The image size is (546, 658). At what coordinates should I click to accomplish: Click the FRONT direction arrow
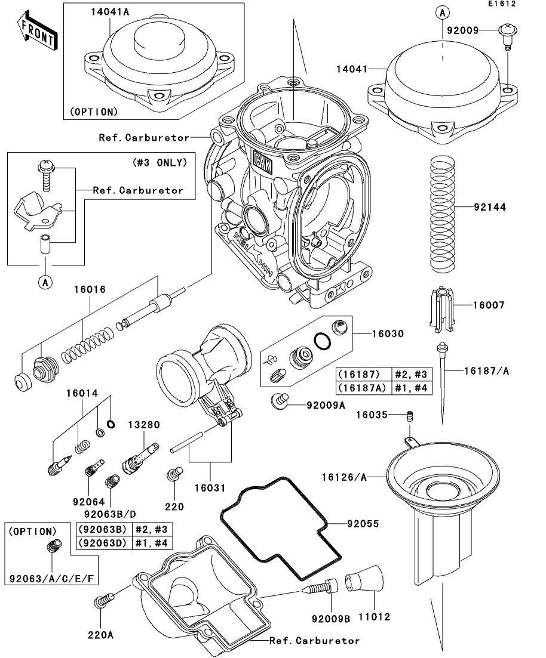point(38,32)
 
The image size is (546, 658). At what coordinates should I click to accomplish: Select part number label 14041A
point(110,12)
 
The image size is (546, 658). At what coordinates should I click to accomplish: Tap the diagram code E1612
point(501,4)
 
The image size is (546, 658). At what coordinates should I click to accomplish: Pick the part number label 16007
point(489,305)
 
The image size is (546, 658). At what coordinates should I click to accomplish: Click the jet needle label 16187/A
point(486,371)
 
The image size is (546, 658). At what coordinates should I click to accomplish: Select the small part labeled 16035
point(410,415)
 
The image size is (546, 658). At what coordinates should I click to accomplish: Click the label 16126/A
point(344,477)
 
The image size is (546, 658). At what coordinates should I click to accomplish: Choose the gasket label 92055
point(363,524)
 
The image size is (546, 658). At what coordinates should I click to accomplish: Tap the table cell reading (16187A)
point(363,388)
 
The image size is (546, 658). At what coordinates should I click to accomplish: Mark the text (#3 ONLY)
point(159,162)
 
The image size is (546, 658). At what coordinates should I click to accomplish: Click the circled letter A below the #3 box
point(45,282)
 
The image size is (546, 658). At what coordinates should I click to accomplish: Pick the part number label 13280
point(144,425)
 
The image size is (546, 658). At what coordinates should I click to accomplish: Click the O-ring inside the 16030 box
point(323,341)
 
